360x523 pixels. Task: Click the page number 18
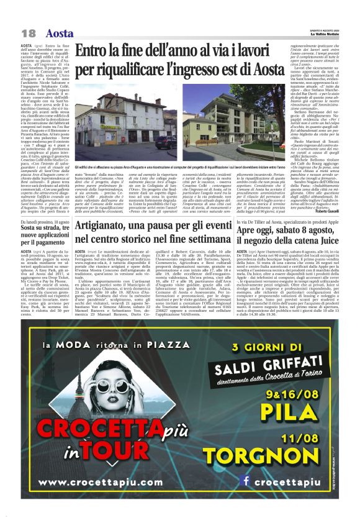pos(28,32)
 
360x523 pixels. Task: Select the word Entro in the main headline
pos(96,52)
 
